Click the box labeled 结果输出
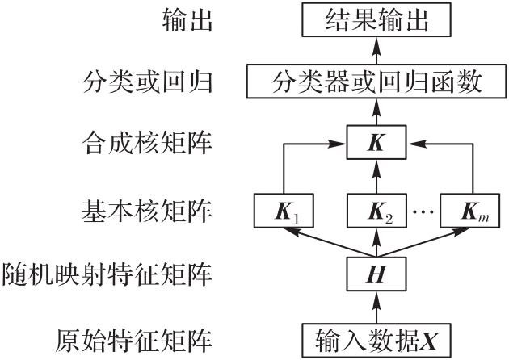click(x=375, y=19)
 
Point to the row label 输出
click(x=188, y=20)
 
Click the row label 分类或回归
click(x=149, y=82)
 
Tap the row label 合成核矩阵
click(x=149, y=145)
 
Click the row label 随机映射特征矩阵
click(x=108, y=275)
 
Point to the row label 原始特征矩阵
click(x=128, y=338)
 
